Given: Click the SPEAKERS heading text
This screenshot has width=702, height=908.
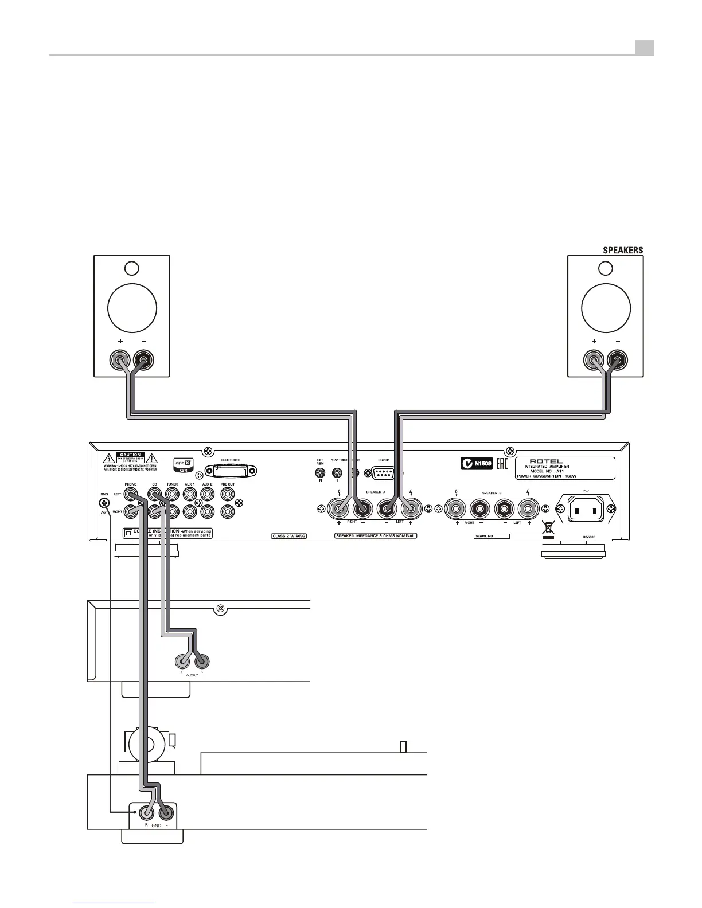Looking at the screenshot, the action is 622,250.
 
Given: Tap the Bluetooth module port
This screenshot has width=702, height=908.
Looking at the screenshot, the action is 231,471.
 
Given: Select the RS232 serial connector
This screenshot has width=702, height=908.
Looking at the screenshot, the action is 383,473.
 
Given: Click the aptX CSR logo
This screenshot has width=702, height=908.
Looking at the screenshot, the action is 184,464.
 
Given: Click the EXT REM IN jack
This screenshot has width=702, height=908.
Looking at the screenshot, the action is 320,473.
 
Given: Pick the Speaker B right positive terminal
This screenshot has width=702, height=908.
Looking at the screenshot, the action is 457,508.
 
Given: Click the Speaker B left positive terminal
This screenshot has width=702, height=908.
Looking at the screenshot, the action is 528,508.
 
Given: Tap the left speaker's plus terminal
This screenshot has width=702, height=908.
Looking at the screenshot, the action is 120,361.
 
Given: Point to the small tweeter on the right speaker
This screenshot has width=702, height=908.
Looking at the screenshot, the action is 605,268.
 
